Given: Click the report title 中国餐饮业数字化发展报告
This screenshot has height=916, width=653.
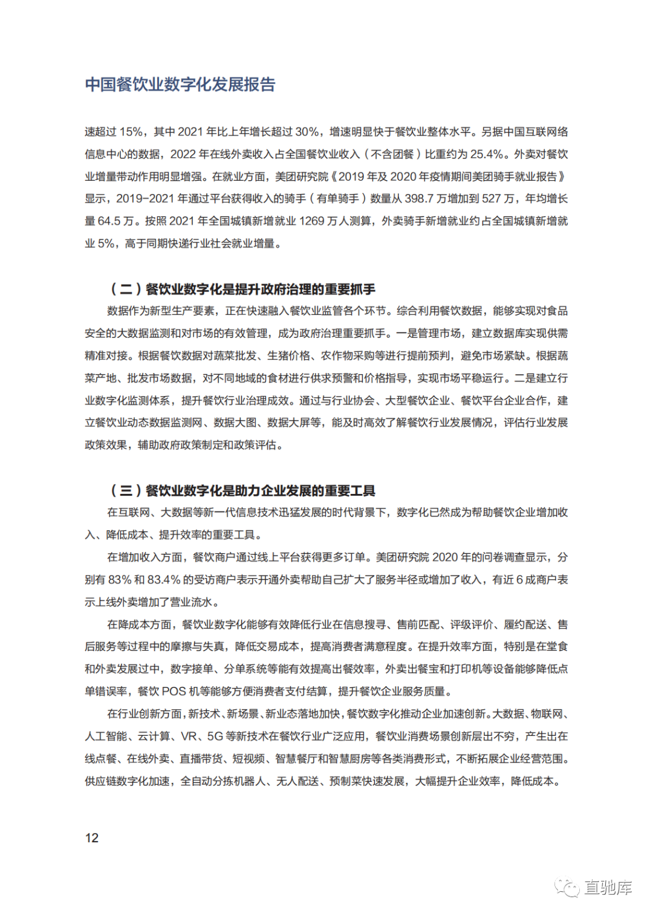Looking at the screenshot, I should click(x=180, y=85).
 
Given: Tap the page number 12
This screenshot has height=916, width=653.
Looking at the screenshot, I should click(x=92, y=838).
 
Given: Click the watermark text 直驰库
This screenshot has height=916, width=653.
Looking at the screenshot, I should click(x=608, y=888).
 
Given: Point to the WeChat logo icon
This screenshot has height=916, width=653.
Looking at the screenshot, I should click(x=568, y=888).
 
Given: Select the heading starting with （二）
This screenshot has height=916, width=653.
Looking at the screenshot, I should click(x=242, y=289).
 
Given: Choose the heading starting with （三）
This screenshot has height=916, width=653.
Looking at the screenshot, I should click(x=242, y=490).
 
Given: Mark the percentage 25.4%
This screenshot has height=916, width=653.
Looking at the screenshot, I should click(x=487, y=154).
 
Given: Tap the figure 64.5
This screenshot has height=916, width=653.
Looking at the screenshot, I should click(x=110, y=221).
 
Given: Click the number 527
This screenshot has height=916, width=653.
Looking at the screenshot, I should click(x=491, y=199).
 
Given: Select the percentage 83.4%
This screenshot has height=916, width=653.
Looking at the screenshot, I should click(x=164, y=580).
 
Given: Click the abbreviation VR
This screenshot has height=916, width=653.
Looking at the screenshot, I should click(x=189, y=736).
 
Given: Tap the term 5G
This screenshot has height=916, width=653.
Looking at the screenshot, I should click(x=215, y=736).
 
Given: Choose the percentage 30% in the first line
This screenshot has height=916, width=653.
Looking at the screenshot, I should click(x=307, y=132).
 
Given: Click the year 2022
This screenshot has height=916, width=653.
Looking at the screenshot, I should click(x=183, y=154).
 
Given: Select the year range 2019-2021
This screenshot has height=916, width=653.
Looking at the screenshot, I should click(x=145, y=199).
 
